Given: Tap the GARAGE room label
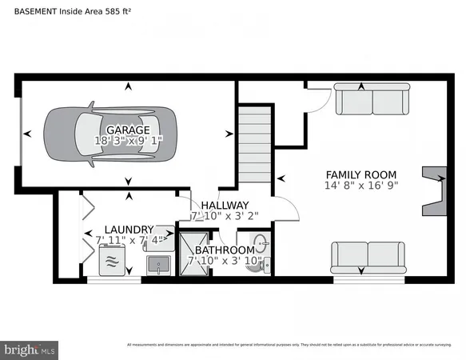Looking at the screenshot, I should (128, 130).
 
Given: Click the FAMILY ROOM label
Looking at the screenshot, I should (361, 174).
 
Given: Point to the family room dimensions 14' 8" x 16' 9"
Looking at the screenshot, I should (361, 186).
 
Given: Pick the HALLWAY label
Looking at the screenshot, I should (225, 206).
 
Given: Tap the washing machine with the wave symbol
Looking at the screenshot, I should (112, 261).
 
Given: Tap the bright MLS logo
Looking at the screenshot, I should (30, 349).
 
